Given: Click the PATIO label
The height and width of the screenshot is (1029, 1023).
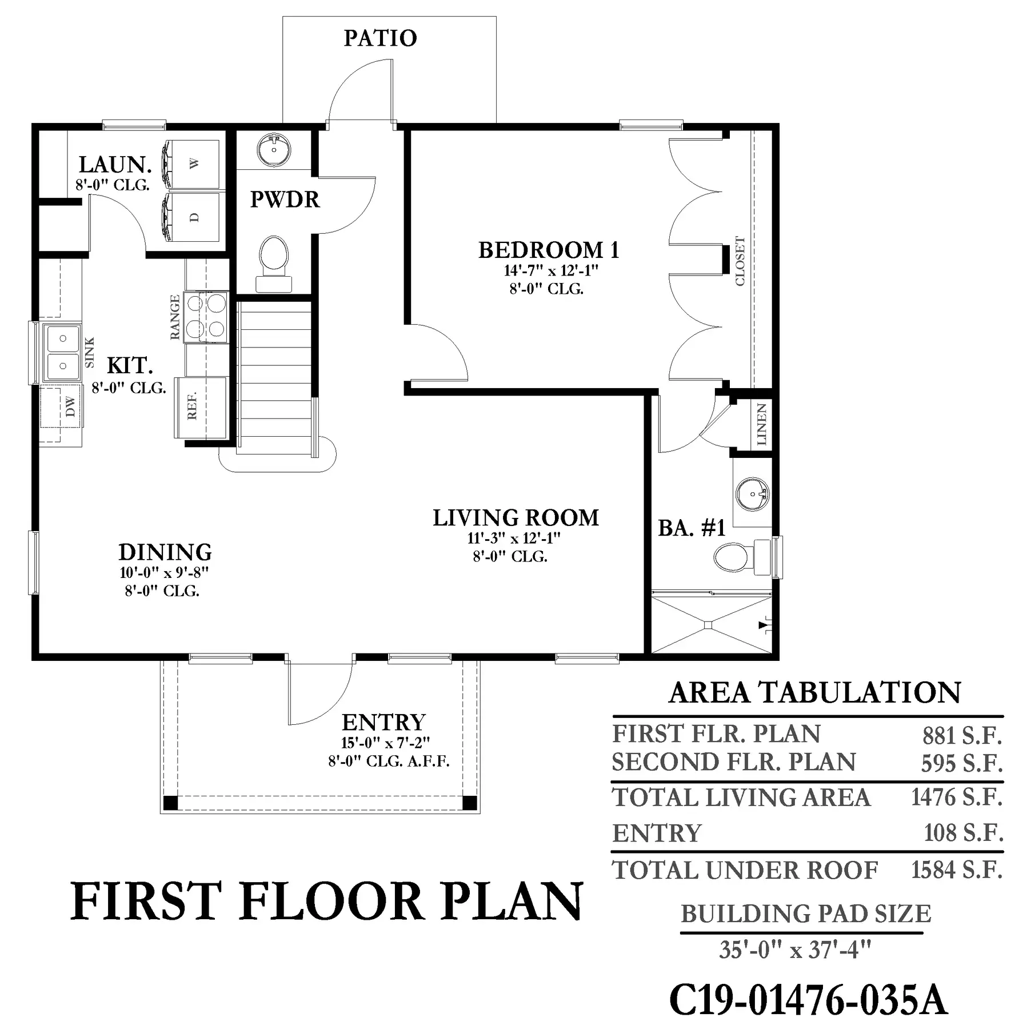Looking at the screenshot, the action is (380, 38).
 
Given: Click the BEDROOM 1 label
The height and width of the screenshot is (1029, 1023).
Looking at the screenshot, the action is (549, 250).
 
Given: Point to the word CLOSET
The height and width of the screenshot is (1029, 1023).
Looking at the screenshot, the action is (740, 261).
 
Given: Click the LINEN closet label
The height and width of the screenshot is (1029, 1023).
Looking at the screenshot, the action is (761, 424).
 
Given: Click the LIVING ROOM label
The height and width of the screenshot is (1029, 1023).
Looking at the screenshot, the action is (516, 518).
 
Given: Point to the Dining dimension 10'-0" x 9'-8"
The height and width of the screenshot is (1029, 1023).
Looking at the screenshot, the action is (164, 572).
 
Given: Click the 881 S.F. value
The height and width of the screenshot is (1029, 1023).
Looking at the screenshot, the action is (962, 736).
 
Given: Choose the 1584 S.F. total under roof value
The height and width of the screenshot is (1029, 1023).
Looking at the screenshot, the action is (957, 870).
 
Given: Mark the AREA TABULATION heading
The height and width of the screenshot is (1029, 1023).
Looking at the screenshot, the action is (815, 693).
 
